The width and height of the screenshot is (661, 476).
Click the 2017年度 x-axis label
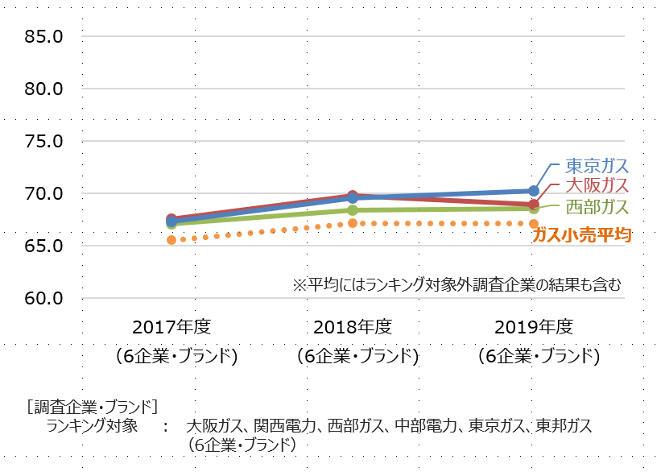click(x=171, y=326)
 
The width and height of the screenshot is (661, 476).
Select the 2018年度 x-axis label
click(x=353, y=326)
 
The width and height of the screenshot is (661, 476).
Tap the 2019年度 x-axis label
click(x=534, y=326)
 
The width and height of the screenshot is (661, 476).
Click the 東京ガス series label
click(x=596, y=166)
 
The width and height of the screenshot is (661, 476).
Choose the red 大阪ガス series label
click(x=596, y=186)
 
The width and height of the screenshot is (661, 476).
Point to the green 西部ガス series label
click(x=596, y=207)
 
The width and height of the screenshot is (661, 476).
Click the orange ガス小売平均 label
click(x=581, y=234)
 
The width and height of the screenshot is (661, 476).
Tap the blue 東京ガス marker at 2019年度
click(x=533, y=191)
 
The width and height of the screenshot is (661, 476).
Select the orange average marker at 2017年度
click(x=171, y=240)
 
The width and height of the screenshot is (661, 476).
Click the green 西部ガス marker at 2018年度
click(x=353, y=210)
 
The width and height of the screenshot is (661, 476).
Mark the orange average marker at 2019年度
click(x=533, y=223)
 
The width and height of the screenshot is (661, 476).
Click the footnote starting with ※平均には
click(x=457, y=284)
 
